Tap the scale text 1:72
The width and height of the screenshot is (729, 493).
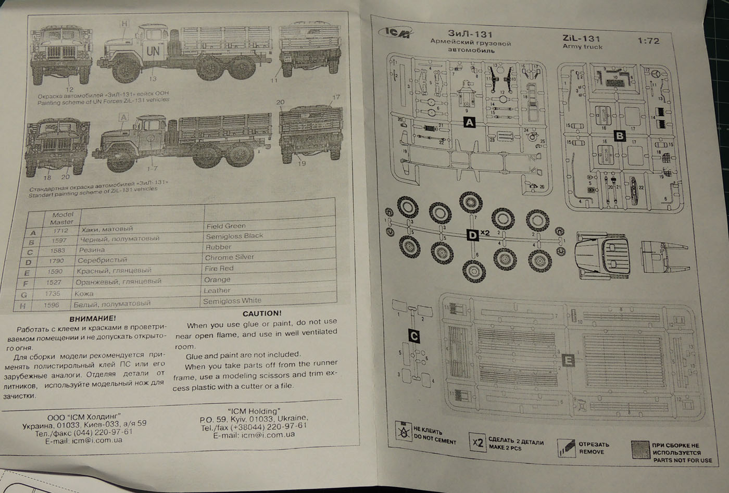point(648,41)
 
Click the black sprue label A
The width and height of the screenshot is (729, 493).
point(470,122)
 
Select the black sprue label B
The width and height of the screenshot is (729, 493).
point(620,136)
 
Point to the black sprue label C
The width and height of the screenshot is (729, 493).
point(414,336)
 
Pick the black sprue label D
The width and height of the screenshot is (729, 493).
point(472,235)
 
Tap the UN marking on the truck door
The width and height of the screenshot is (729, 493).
point(153,51)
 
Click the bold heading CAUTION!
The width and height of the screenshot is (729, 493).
point(261,313)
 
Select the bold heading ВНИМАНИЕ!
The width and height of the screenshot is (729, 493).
point(92,318)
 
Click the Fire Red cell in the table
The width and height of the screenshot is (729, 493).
point(219,268)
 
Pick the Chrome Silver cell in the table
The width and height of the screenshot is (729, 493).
point(230,257)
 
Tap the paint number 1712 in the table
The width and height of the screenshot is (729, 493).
point(60,231)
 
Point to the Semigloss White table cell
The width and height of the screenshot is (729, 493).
point(232,301)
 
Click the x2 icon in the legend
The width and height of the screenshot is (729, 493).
point(477,443)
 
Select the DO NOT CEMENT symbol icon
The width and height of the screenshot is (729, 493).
point(403,432)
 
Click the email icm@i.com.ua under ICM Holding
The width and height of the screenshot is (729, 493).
point(254,435)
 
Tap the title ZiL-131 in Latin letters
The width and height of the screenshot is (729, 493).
point(581,38)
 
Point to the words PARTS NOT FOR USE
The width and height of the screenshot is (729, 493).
point(682,460)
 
